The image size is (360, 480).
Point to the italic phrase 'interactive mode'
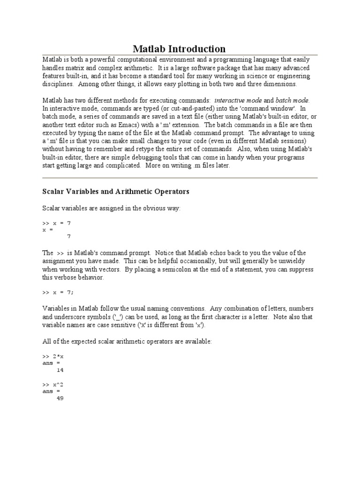[238, 100]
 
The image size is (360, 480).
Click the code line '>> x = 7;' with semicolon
[59, 292]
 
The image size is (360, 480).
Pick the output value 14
[60, 370]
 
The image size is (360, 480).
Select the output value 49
[60, 398]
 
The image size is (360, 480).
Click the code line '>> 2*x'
[53, 357]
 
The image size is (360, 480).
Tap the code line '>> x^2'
[53, 385]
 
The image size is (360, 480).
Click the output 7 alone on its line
[69, 236]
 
